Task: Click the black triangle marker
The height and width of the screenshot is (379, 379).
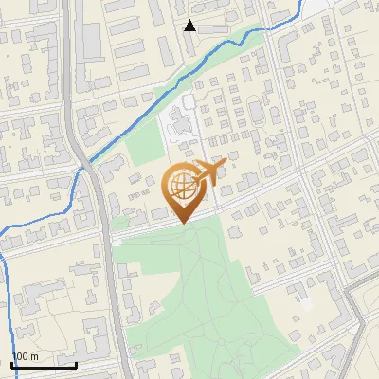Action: [x=190, y=26]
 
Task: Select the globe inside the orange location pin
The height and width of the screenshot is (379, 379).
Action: [x=181, y=186]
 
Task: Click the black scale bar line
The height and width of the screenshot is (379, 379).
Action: [x=44, y=365]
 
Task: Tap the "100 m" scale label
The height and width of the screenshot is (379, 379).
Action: [x=25, y=356]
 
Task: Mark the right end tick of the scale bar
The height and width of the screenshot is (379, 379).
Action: [x=76, y=363]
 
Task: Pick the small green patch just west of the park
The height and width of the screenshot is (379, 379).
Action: [x=119, y=225]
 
